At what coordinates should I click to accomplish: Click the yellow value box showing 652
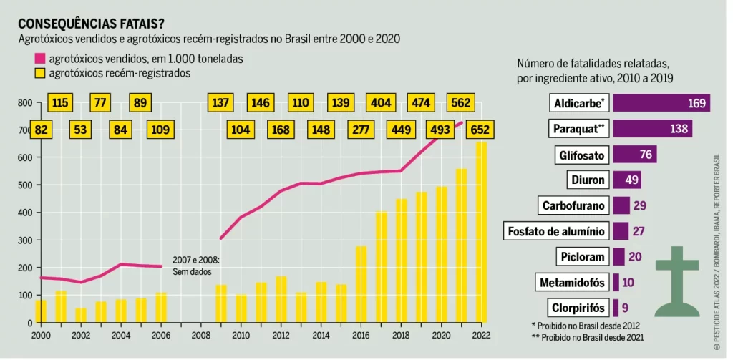(480, 130)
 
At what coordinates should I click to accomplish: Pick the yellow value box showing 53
(81, 130)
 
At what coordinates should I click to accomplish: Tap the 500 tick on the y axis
(24, 185)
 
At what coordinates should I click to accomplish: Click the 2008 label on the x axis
(200, 335)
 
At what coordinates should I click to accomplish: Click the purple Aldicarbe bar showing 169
(661, 104)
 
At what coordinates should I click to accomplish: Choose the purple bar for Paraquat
(651, 130)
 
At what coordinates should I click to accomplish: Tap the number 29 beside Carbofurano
(640, 206)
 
